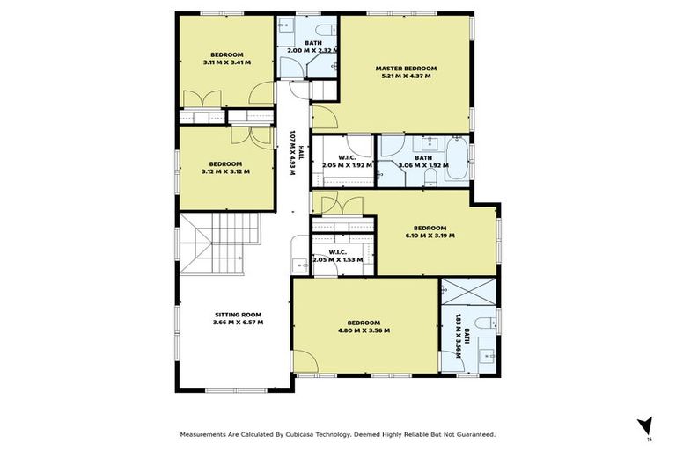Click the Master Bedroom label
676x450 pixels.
[x=406, y=68]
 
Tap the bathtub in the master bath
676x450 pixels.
[x=457, y=159]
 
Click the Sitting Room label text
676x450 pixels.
[x=238, y=314]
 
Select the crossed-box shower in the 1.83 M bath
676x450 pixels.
[x=468, y=292]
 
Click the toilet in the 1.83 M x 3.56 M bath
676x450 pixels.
[x=484, y=322]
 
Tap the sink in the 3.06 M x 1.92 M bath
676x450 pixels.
[x=430, y=143]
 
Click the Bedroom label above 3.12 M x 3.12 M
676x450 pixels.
[x=226, y=163]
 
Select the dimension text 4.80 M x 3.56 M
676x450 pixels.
[x=364, y=331]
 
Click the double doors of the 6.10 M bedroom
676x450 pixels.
[x=338, y=206]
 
